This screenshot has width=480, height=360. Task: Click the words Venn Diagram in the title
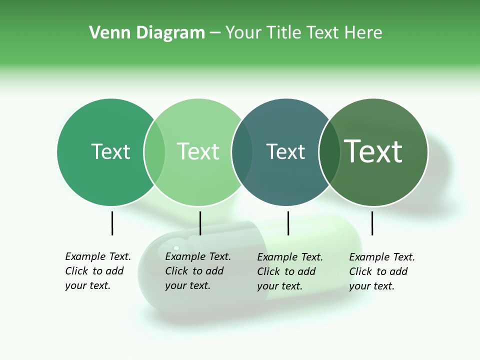tap(147, 33)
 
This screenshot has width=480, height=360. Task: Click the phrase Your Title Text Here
tap(303, 33)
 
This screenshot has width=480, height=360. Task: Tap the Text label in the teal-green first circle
tap(110, 151)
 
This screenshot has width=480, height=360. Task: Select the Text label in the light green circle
tap(198, 151)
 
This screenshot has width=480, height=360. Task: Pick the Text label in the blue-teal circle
tap(285, 151)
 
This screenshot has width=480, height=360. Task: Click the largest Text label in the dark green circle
tap(373, 151)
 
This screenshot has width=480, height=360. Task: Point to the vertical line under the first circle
tap(112, 223)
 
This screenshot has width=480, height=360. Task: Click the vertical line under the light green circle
tap(200, 223)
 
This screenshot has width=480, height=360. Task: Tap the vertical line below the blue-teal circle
tap(288, 223)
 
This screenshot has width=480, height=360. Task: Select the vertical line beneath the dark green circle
tap(372, 223)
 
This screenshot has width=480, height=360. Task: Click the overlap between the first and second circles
tap(154, 152)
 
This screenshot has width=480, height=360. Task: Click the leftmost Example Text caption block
tap(97, 271)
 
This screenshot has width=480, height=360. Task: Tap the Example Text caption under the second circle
tap(197, 271)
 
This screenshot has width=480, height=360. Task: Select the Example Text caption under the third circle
tap(289, 271)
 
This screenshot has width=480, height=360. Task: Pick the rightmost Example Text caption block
tap(381, 271)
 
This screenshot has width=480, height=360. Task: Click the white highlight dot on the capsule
tap(175, 248)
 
